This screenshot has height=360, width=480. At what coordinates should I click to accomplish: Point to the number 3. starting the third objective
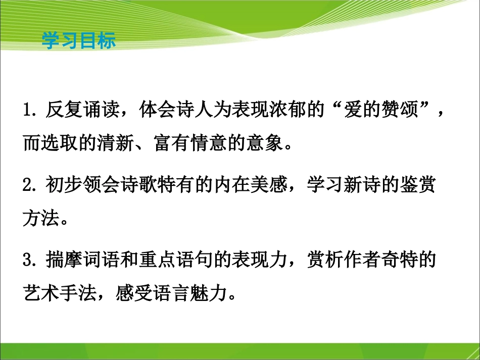30,261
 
